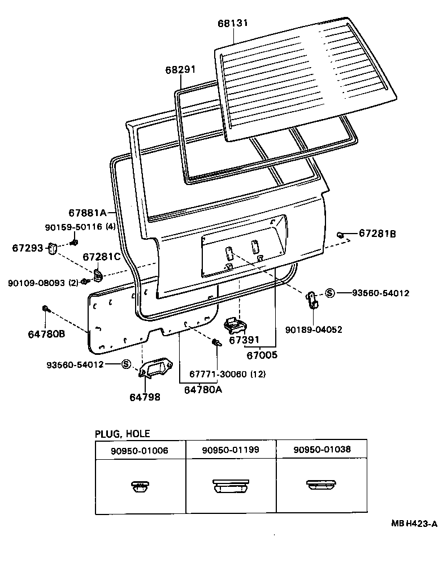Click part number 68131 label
tap(233, 23)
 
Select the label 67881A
tap(88, 213)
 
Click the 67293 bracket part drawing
tap(53, 248)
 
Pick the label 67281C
tap(102, 257)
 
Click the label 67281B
tap(377, 233)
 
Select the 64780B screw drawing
tap(45, 309)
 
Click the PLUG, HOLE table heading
tap(122, 433)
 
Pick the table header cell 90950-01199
tap(231, 450)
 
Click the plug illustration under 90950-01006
tap(140, 486)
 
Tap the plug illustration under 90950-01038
tap(321, 485)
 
